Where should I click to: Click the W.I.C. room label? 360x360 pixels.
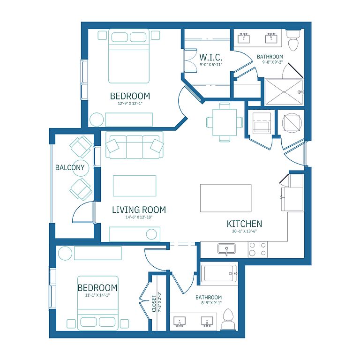point(210,57)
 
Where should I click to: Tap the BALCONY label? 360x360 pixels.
point(70,167)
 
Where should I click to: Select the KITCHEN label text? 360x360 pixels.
point(244,224)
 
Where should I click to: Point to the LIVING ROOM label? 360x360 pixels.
point(139,210)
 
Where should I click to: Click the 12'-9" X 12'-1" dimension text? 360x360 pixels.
point(130,103)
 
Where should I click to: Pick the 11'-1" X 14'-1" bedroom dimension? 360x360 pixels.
point(97,295)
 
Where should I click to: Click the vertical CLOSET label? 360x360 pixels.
point(154,303)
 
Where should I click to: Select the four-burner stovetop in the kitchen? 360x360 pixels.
point(258,249)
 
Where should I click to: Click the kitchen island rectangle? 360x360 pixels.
point(225,198)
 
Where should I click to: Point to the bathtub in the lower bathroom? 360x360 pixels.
point(219,274)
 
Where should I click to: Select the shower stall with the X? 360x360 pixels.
point(284,92)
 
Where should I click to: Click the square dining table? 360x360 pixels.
point(225,122)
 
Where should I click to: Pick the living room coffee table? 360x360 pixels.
point(135,186)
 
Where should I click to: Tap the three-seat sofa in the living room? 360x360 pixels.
point(135,145)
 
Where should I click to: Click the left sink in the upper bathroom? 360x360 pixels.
point(244,38)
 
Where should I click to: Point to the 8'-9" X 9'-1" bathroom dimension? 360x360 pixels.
point(211,303)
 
